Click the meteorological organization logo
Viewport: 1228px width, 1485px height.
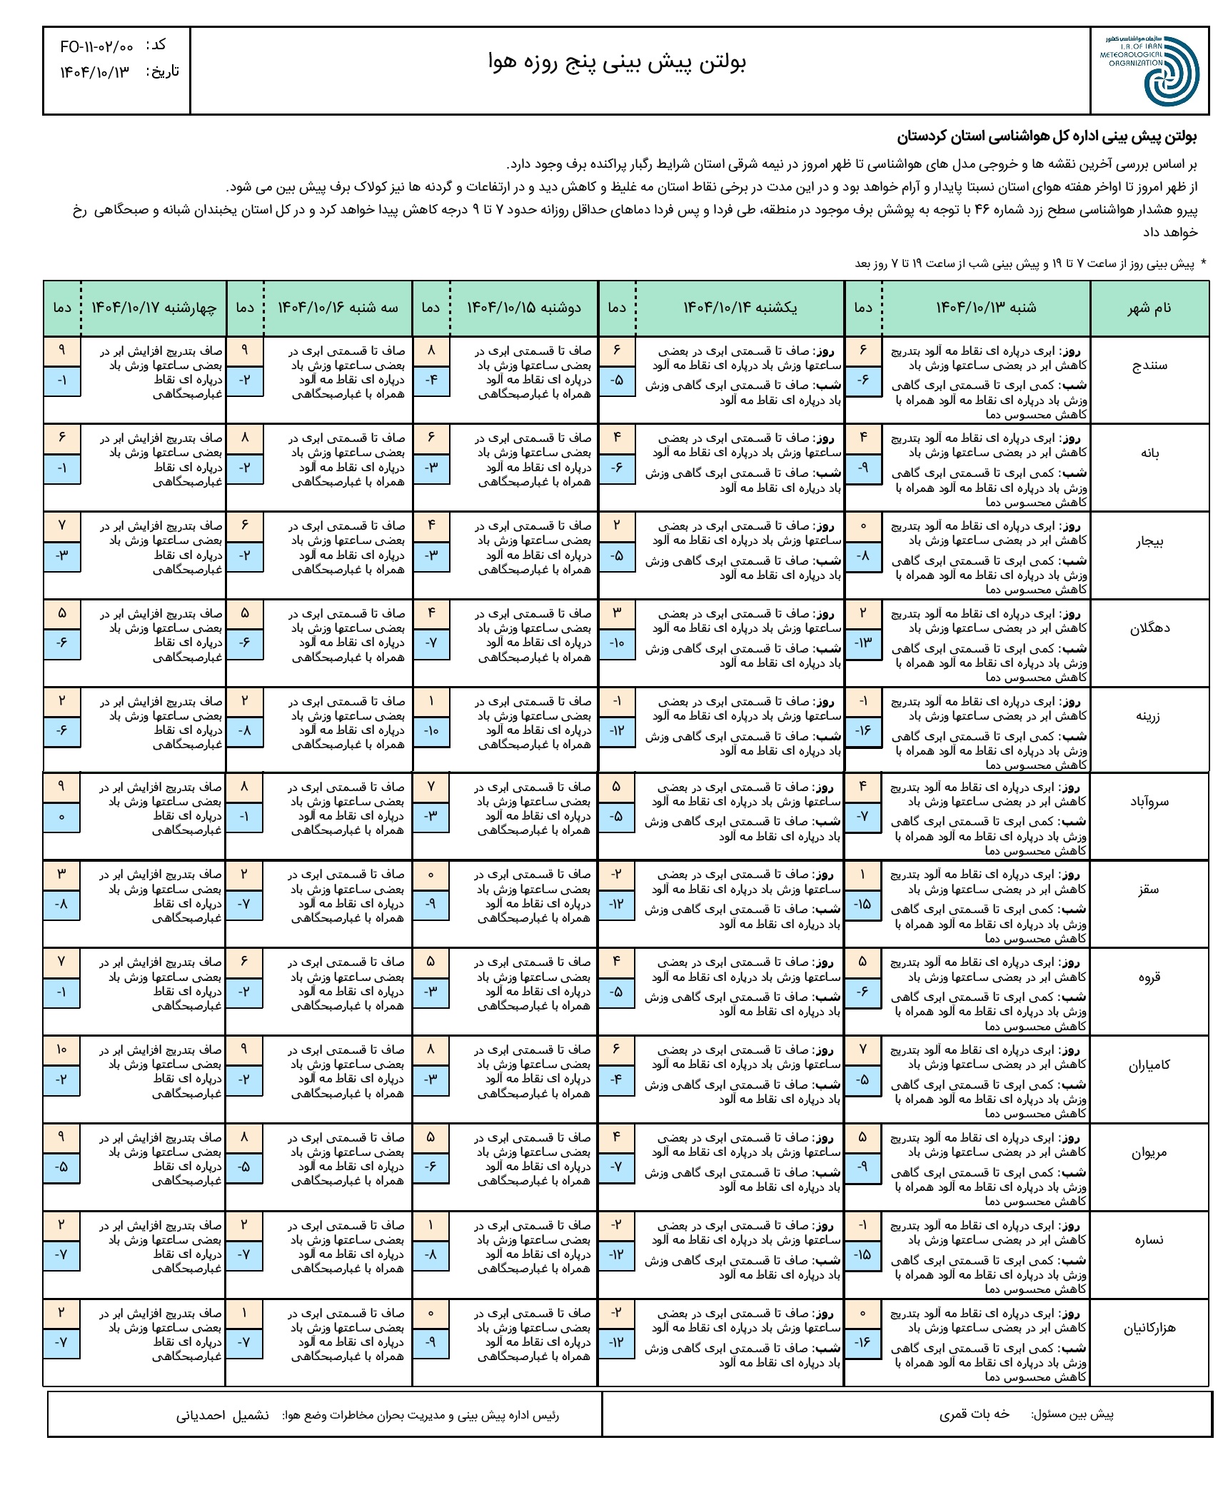coord(1149,71)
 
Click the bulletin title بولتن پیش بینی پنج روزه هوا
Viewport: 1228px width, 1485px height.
coord(617,63)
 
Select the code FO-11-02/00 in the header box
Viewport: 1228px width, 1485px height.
coord(97,47)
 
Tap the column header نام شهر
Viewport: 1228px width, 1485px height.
coord(1149,308)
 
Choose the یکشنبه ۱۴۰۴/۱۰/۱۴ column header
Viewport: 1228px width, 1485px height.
coord(740,308)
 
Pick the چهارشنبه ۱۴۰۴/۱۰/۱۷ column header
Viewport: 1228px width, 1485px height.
coord(153,308)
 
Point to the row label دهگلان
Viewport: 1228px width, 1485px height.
coord(1149,629)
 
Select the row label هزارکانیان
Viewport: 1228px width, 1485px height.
coord(1149,1329)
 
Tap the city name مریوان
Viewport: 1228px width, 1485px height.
coord(1149,1153)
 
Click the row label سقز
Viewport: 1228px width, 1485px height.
coord(1149,890)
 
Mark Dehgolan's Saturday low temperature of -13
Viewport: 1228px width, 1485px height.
coord(863,643)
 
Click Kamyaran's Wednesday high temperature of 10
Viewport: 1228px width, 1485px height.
coord(61,1049)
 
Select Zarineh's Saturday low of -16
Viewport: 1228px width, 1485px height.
coord(863,730)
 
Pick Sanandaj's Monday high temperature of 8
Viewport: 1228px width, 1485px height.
coord(431,351)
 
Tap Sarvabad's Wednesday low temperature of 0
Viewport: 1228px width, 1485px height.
coord(61,816)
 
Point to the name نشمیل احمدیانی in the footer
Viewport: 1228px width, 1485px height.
coord(223,1416)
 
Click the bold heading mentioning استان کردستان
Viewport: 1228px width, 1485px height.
coord(1047,136)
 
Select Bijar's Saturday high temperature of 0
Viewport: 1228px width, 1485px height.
coord(863,526)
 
